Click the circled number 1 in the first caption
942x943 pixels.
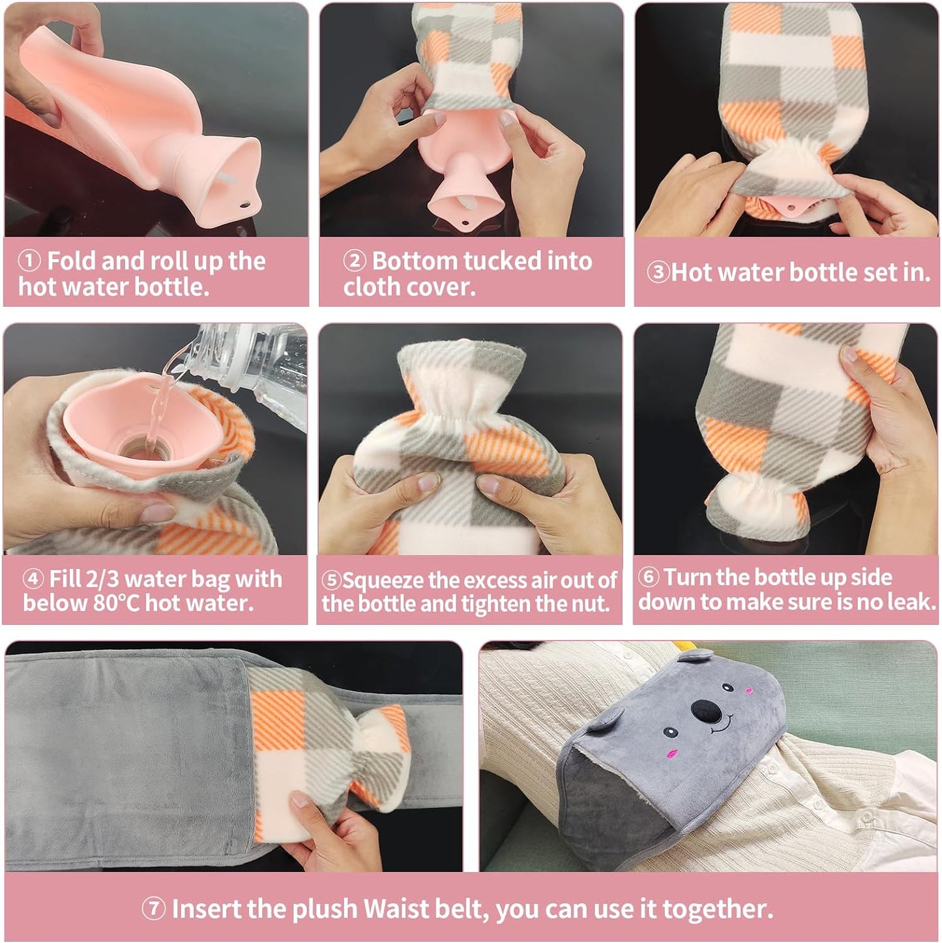point(29,261)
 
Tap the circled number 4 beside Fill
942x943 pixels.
point(33,579)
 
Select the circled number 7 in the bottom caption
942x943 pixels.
point(154,908)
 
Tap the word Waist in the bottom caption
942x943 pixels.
point(393,908)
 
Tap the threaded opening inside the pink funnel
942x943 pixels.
point(140,450)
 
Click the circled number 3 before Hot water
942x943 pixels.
point(658,272)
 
